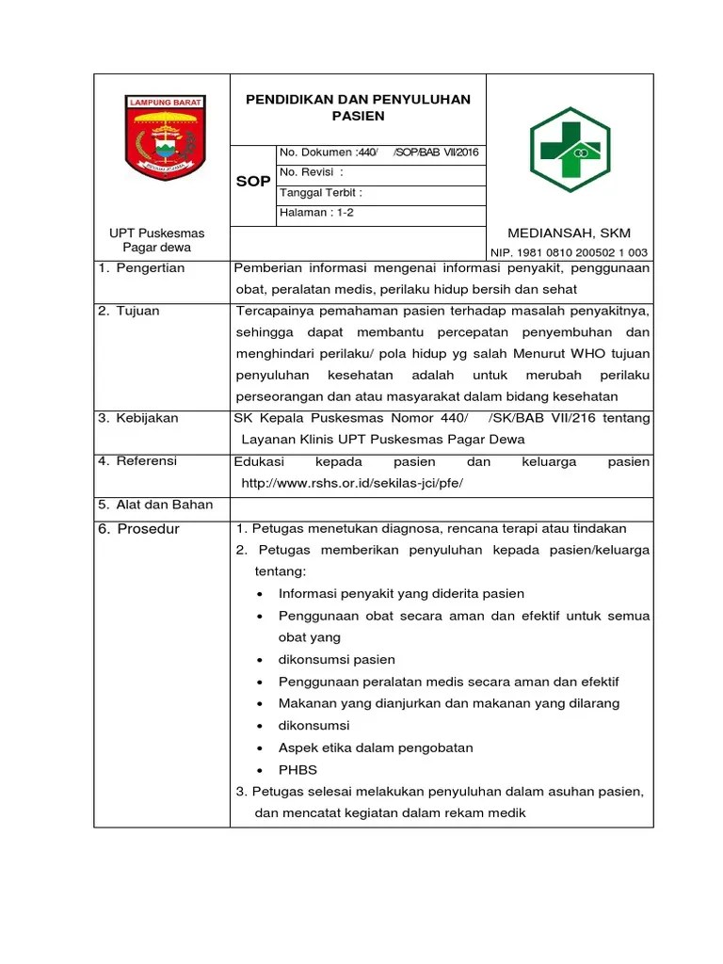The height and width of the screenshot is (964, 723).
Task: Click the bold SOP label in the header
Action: [x=252, y=182]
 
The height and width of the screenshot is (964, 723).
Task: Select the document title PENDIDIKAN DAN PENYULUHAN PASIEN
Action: [x=358, y=107]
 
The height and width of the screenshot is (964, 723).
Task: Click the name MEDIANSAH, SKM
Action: [x=569, y=233]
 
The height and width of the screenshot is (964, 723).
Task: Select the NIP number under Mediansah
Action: [x=569, y=252]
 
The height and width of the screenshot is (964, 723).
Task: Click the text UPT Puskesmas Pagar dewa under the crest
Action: [x=157, y=240]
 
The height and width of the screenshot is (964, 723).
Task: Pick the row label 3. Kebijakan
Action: [x=138, y=418]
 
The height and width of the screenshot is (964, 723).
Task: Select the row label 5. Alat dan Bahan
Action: [x=155, y=505]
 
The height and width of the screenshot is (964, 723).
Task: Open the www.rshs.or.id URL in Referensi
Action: [x=353, y=483]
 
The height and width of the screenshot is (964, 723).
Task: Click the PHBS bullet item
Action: [x=297, y=770]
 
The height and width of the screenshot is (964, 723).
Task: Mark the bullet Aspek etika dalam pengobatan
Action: [x=376, y=748]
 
